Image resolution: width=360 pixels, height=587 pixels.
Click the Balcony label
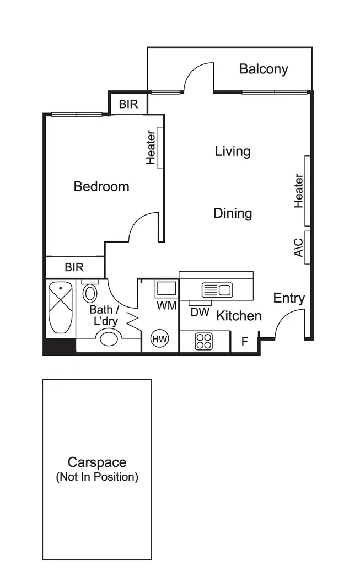pyautogui.click(x=264, y=69)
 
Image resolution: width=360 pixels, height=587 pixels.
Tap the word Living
pyautogui.click(x=233, y=151)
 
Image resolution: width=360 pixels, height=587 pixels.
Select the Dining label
pyautogui.click(x=233, y=213)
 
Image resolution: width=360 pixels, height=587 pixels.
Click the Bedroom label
pyautogui.click(x=101, y=186)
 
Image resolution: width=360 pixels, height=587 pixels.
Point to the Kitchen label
pyautogui.click(x=238, y=316)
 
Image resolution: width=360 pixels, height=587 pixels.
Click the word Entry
pyautogui.click(x=289, y=298)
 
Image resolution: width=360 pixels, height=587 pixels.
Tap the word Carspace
pyautogui.click(x=97, y=462)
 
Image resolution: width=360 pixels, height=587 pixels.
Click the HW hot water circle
pyautogui.click(x=160, y=338)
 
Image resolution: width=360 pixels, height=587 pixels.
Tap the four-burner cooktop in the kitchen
pyautogui.click(x=203, y=341)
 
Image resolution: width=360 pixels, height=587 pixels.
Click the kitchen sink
pyautogui.click(x=216, y=289)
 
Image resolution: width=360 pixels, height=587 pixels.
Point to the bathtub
pyautogui.click(x=59, y=308)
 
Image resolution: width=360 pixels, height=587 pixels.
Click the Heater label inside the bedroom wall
pyautogui.click(x=151, y=148)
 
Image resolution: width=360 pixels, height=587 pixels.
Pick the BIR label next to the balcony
pyautogui.click(x=128, y=104)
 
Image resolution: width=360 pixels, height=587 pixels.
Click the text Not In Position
pyautogui.click(x=97, y=477)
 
